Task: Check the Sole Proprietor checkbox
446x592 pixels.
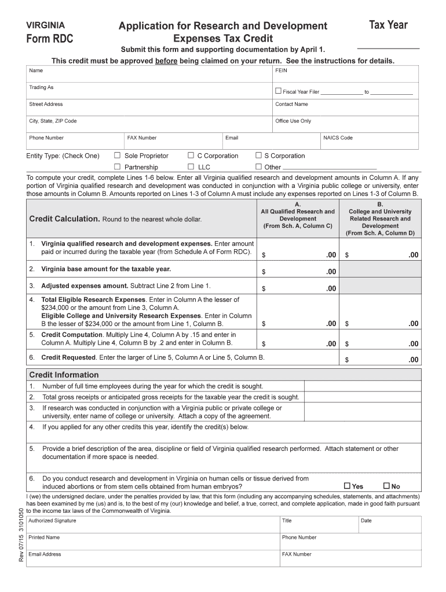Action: tap(117, 156)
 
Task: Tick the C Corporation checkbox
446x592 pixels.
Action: tap(191, 156)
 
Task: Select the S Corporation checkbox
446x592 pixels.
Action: tap(258, 156)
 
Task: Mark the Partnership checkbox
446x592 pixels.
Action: tap(117, 167)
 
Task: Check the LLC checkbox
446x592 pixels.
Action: tap(191, 167)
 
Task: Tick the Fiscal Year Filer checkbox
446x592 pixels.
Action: tap(278, 91)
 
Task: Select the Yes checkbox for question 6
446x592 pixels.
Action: tap(347, 486)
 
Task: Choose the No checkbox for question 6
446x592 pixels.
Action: tap(386, 486)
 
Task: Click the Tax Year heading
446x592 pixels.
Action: tap(388, 25)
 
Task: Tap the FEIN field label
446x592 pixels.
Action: tap(281, 71)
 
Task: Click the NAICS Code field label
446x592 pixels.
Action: tap(338, 138)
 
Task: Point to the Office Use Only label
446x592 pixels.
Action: tap(293, 121)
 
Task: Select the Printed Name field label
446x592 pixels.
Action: tap(44, 537)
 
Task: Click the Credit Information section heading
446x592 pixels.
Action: tap(64, 375)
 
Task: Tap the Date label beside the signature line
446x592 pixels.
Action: tap(366, 520)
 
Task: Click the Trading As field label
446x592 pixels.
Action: tap(41, 87)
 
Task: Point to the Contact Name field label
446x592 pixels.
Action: tap(291, 104)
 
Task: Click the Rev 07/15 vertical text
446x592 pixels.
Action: tap(21, 550)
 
